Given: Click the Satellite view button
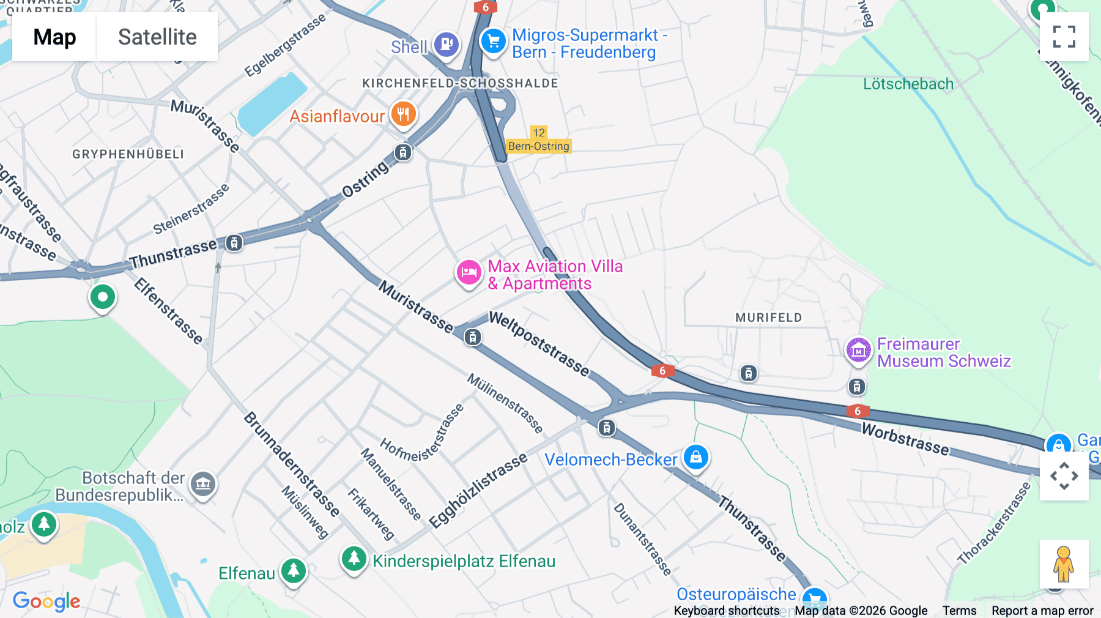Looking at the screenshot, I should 157,37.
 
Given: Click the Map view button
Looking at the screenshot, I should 54,37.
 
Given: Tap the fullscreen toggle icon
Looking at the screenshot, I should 1064,37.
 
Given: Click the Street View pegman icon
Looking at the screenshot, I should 1064,564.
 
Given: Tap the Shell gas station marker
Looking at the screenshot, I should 447,44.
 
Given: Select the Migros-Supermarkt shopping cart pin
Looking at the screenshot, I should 493,42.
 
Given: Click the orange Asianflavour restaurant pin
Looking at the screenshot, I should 403,114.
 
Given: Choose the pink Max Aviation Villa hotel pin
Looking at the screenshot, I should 469,273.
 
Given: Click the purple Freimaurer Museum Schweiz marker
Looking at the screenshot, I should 858,351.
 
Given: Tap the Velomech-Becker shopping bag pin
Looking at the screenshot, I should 695,457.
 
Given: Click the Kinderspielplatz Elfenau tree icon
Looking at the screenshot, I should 354,558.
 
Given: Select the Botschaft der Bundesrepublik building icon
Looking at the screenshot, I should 203,484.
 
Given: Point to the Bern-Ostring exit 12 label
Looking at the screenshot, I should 539,140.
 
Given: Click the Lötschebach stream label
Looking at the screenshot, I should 908,84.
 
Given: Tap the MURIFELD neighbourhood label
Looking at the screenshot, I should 768,318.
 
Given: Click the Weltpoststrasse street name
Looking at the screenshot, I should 539,344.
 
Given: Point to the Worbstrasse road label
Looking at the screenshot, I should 905,439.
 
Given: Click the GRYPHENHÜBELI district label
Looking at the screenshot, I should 128,154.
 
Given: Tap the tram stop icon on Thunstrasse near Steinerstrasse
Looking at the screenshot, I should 234,243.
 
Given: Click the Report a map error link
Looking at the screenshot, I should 1042,611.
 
